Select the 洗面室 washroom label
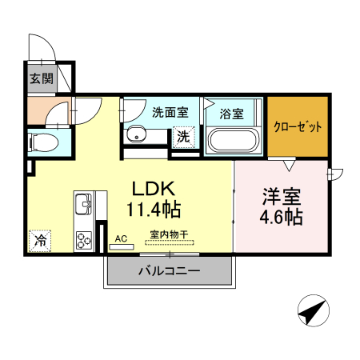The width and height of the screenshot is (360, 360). [x=170, y=112]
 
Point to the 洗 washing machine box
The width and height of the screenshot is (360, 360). [x=183, y=136]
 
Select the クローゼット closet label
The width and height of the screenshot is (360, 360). [x=298, y=126]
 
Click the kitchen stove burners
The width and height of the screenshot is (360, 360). [x=83, y=238]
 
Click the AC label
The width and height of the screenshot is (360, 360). [x=122, y=238]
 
